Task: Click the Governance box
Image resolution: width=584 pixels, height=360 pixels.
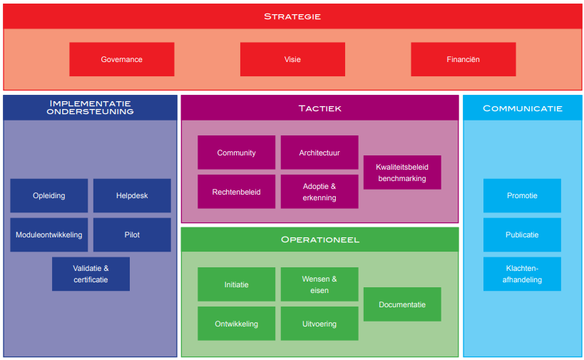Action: tap(121, 59)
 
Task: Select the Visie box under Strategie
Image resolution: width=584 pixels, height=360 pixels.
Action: tap(292, 59)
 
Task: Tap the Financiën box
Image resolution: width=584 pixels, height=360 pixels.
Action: tap(463, 59)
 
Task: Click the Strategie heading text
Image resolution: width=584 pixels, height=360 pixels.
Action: tap(292, 16)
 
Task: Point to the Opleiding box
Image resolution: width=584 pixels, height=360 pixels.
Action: tap(49, 195)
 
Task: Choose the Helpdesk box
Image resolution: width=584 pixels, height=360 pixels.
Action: tap(132, 195)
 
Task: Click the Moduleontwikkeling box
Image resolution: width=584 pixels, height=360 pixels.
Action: tap(49, 235)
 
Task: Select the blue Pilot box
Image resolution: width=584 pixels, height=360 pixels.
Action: tap(132, 235)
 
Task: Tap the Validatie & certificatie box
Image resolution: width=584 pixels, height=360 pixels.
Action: tap(91, 274)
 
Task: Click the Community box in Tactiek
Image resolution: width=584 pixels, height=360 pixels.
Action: tap(236, 153)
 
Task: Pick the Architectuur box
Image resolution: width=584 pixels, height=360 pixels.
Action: tap(319, 153)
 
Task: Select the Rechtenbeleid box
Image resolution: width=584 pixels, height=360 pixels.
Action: tap(236, 192)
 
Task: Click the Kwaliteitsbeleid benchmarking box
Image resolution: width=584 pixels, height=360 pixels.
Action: tap(402, 173)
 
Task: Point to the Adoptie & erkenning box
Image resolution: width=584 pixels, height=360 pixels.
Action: tap(319, 192)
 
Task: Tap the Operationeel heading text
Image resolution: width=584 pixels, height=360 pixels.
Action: tap(319, 240)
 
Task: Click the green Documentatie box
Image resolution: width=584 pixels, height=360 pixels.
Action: tap(402, 304)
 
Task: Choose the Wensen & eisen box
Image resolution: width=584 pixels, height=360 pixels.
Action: tap(319, 284)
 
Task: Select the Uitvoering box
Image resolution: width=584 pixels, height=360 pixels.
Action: tap(319, 324)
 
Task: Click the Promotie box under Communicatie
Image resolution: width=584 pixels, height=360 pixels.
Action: tap(522, 195)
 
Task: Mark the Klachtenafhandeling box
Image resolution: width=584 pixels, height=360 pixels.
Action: tap(522, 274)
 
